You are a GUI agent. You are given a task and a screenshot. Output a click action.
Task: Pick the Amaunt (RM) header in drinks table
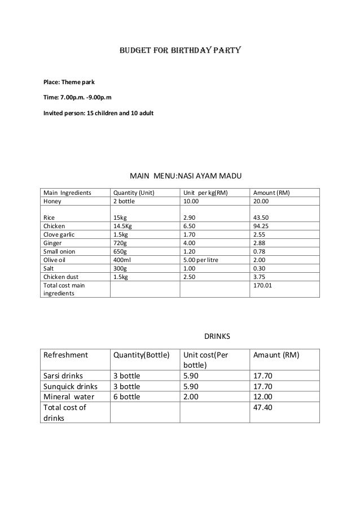[x=276, y=355]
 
